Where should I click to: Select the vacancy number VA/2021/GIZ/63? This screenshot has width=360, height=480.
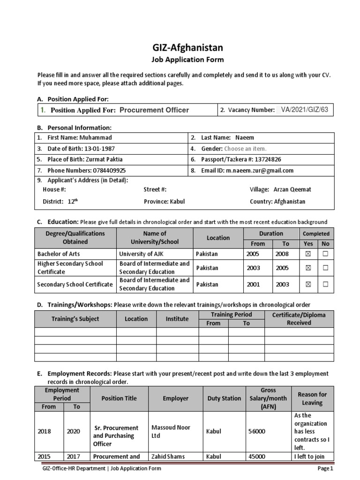coord(305,110)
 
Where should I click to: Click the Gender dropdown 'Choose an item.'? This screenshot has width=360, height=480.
coord(247,149)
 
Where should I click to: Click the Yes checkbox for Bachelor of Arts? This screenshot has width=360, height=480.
coord(308,254)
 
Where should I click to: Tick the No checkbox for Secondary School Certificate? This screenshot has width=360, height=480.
coord(325,284)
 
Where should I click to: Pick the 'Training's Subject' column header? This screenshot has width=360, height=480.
coord(75,319)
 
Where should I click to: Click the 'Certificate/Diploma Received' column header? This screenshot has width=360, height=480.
coord(299,319)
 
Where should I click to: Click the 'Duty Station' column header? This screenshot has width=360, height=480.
coord(224,398)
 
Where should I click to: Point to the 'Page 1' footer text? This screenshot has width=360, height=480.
coord(325,468)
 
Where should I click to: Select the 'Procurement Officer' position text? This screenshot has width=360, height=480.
coord(154,110)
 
